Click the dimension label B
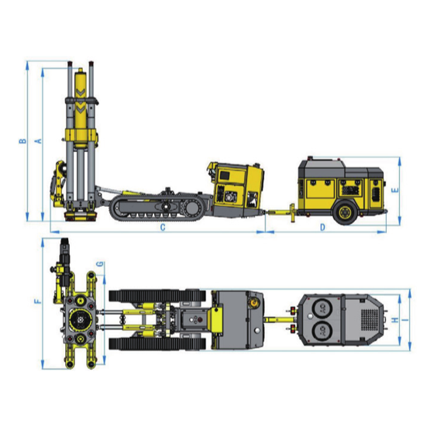[x=23, y=141]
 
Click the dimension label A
[x=39, y=141]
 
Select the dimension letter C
[x=163, y=227]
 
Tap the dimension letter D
[x=322, y=227]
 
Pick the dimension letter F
[x=38, y=301]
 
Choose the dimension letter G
[x=101, y=264]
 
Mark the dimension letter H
[x=395, y=320]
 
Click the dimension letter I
[x=405, y=320]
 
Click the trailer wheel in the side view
[x=345, y=212]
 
